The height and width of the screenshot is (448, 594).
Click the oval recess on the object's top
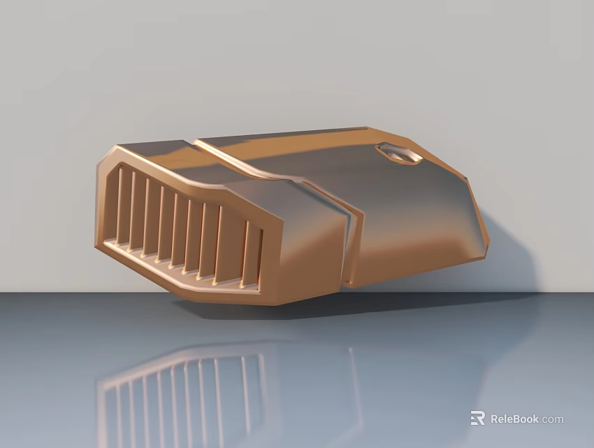398,153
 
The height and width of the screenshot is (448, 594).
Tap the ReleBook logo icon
478,418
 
